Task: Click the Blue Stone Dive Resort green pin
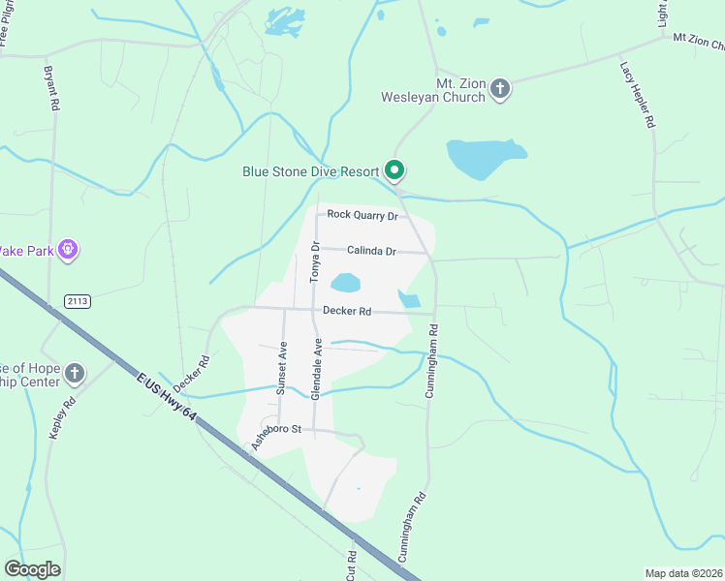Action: pyautogui.click(x=394, y=170)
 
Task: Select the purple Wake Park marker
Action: pyautogui.click(x=67, y=250)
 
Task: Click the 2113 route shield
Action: pyautogui.click(x=78, y=302)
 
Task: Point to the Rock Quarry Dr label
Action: pyautogui.click(x=362, y=215)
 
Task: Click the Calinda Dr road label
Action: pyautogui.click(x=371, y=252)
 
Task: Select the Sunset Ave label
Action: pyautogui.click(x=282, y=369)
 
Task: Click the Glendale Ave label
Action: pyautogui.click(x=316, y=369)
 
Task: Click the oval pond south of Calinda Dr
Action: pyautogui.click(x=345, y=284)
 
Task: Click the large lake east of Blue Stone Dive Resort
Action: pyautogui.click(x=484, y=159)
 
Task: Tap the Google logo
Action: pyautogui.click(x=32, y=569)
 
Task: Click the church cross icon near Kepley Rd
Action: pyautogui.click(x=75, y=373)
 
